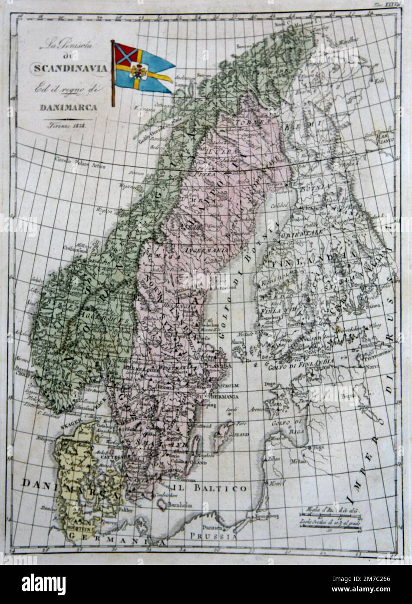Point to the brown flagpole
point(113,74)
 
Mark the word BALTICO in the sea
point(226,488)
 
